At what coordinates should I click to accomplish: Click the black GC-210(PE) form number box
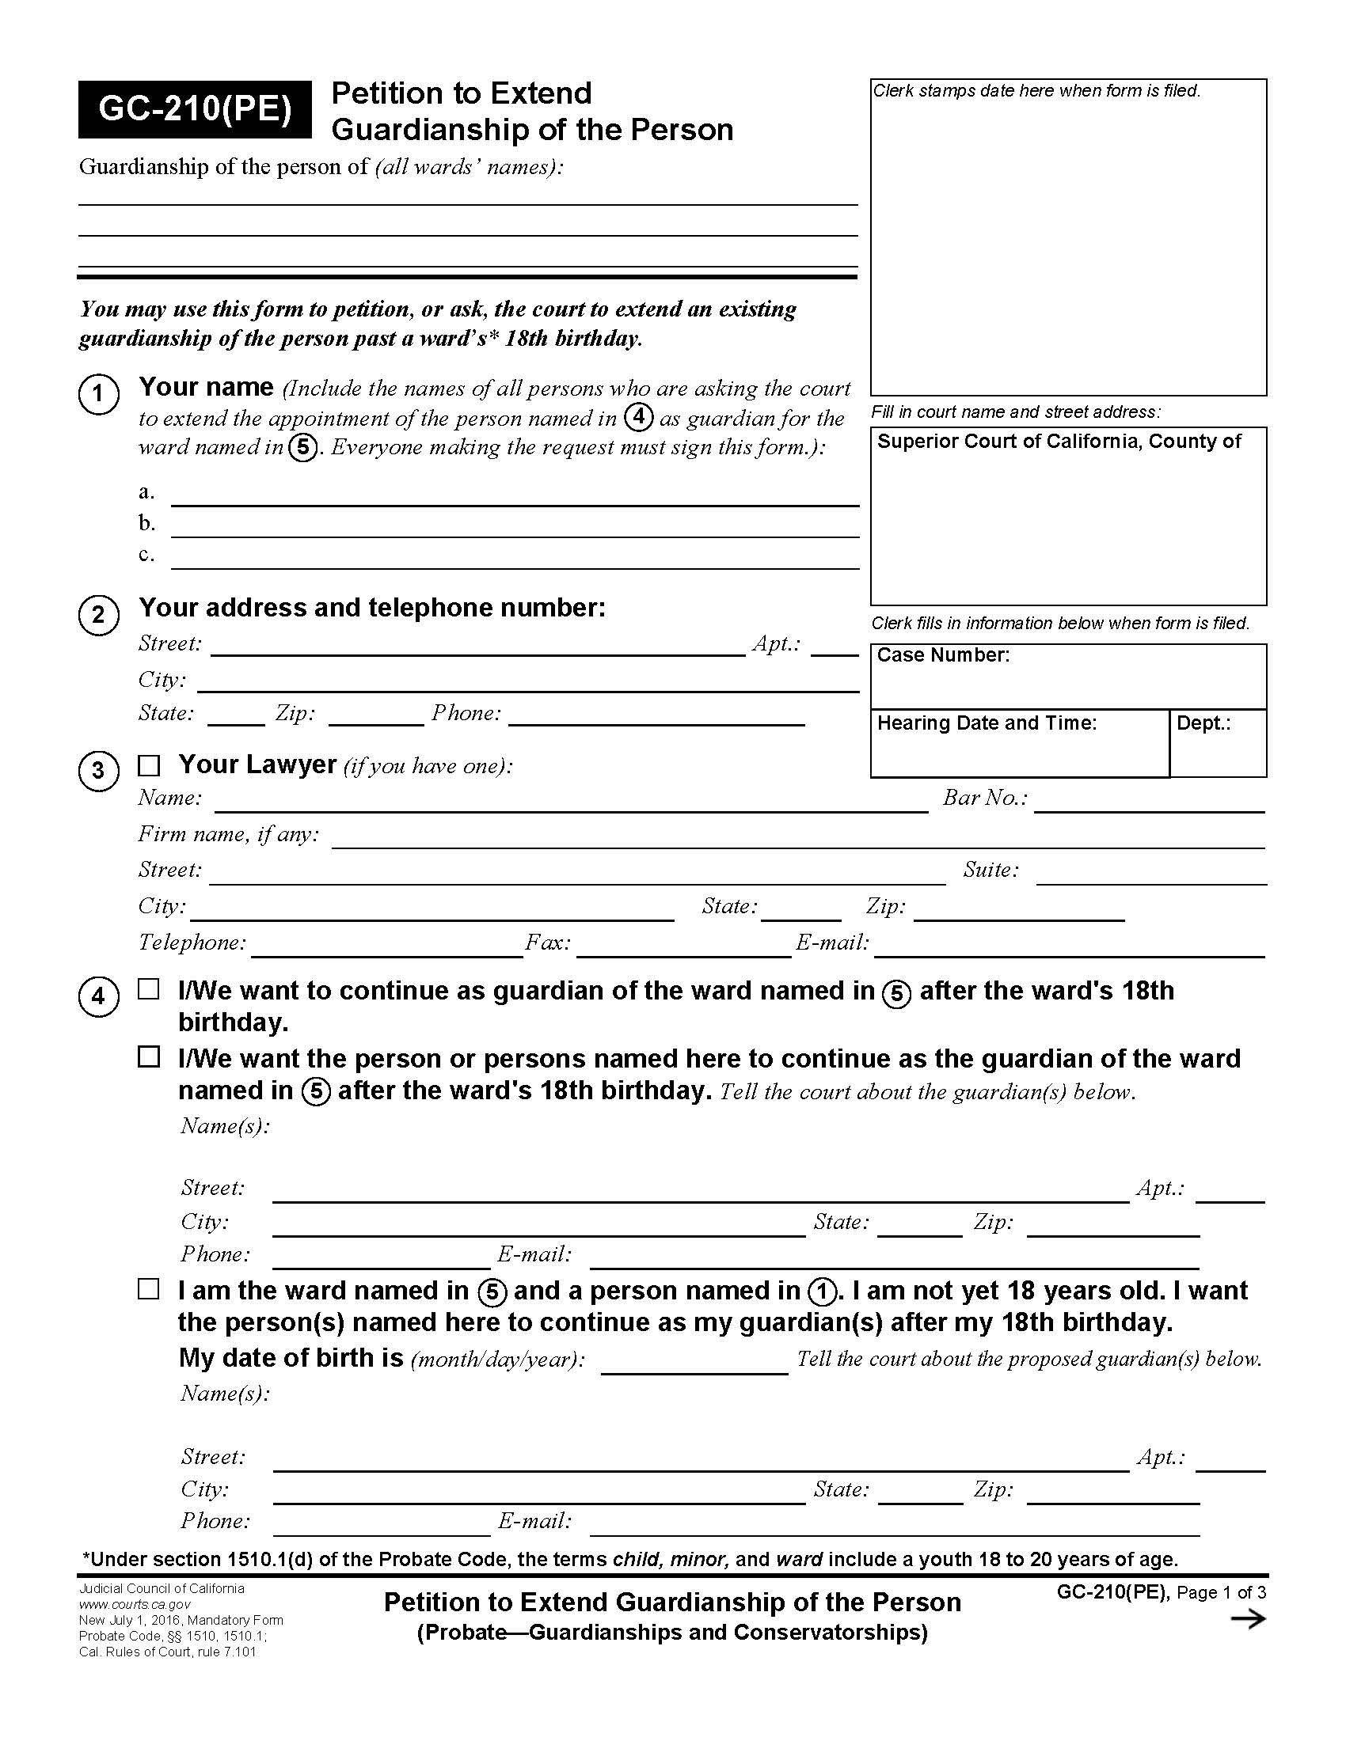[195, 109]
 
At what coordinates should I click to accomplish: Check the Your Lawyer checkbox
[149, 766]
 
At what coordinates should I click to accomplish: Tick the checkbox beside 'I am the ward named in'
[149, 1289]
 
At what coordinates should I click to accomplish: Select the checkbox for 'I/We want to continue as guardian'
[149, 989]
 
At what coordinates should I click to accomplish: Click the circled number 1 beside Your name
[99, 395]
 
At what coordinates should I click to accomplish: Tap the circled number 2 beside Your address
[99, 616]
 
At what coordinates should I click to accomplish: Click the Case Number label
[942, 655]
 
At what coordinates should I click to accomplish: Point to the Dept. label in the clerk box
[1203, 723]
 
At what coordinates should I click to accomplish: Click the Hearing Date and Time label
[987, 723]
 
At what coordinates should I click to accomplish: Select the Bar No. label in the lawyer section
[984, 798]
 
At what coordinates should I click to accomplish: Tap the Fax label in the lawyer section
[548, 943]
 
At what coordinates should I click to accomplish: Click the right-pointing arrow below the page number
[1248, 1619]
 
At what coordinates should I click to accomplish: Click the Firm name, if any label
[228, 834]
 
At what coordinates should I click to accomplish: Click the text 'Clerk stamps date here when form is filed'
[1036, 91]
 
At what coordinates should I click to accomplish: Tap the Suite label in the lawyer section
[990, 870]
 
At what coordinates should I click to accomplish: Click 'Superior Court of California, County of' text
[1058, 442]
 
